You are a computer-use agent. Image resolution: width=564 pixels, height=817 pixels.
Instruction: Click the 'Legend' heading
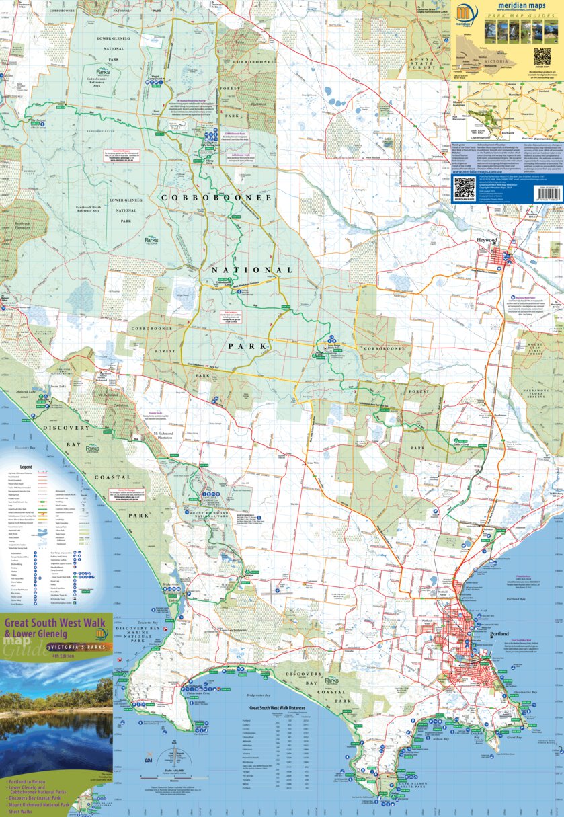tap(27, 466)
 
